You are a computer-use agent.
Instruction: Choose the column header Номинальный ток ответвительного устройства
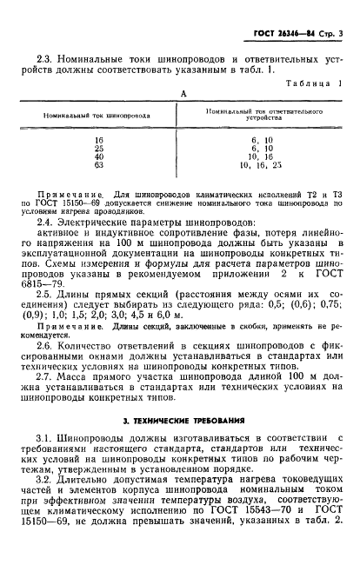click(260, 117)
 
